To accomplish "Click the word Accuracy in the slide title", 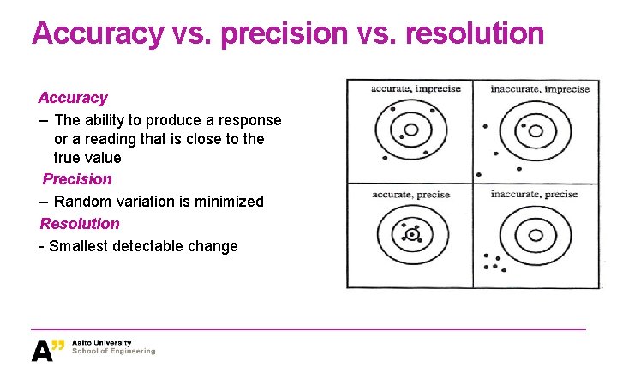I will point(95,33).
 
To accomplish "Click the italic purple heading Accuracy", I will point(73,98).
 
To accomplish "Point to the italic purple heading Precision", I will point(77,178).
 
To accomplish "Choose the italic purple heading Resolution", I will point(80,223).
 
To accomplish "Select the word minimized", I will point(224,201).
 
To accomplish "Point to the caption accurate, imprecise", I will point(416,89).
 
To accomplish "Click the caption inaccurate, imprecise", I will point(540,89).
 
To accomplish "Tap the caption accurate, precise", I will point(410,195).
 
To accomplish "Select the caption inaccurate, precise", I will point(534,195).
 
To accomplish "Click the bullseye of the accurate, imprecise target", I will point(410,130).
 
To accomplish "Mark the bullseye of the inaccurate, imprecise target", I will point(536,131).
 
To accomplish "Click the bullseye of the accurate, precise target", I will point(412,234).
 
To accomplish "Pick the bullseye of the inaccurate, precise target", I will point(536,235).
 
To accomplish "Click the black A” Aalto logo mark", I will point(47,349).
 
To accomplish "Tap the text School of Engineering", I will point(114,351).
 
